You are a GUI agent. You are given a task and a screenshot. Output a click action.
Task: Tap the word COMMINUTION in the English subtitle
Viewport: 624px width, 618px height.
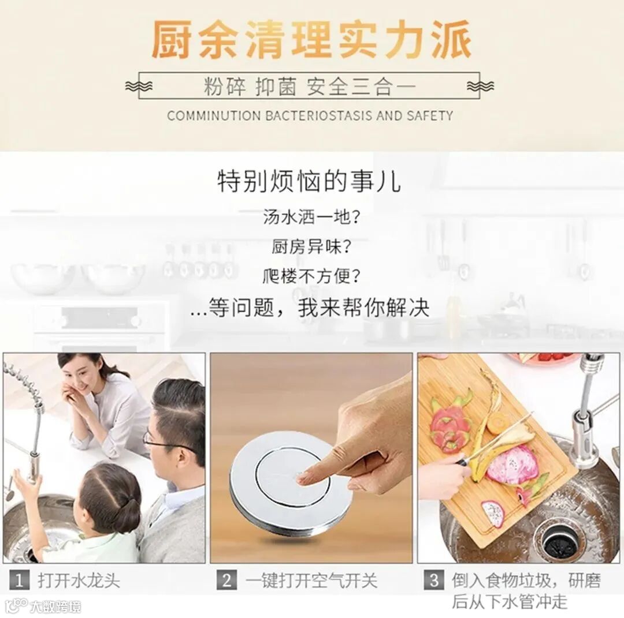[213, 115]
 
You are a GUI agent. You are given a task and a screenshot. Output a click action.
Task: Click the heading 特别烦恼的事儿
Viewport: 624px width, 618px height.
[309, 181]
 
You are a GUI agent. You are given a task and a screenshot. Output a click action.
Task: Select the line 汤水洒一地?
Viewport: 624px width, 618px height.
[311, 217]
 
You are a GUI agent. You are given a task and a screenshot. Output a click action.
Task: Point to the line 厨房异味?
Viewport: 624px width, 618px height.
[311, 246]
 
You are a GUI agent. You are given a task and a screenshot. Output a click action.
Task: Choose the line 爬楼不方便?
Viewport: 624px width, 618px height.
[311, 276]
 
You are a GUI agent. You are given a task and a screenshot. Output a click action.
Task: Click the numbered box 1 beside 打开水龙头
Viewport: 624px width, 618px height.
[19, 580]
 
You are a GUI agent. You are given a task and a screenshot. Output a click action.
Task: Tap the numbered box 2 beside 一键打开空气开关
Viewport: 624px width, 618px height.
[226, 580]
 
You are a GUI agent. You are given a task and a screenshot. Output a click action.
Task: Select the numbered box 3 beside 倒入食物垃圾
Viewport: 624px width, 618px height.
[434, 580]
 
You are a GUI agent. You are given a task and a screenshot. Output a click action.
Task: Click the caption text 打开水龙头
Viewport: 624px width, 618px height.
[79, 580]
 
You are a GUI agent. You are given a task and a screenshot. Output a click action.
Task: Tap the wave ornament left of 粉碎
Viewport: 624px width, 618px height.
[139, 86]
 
